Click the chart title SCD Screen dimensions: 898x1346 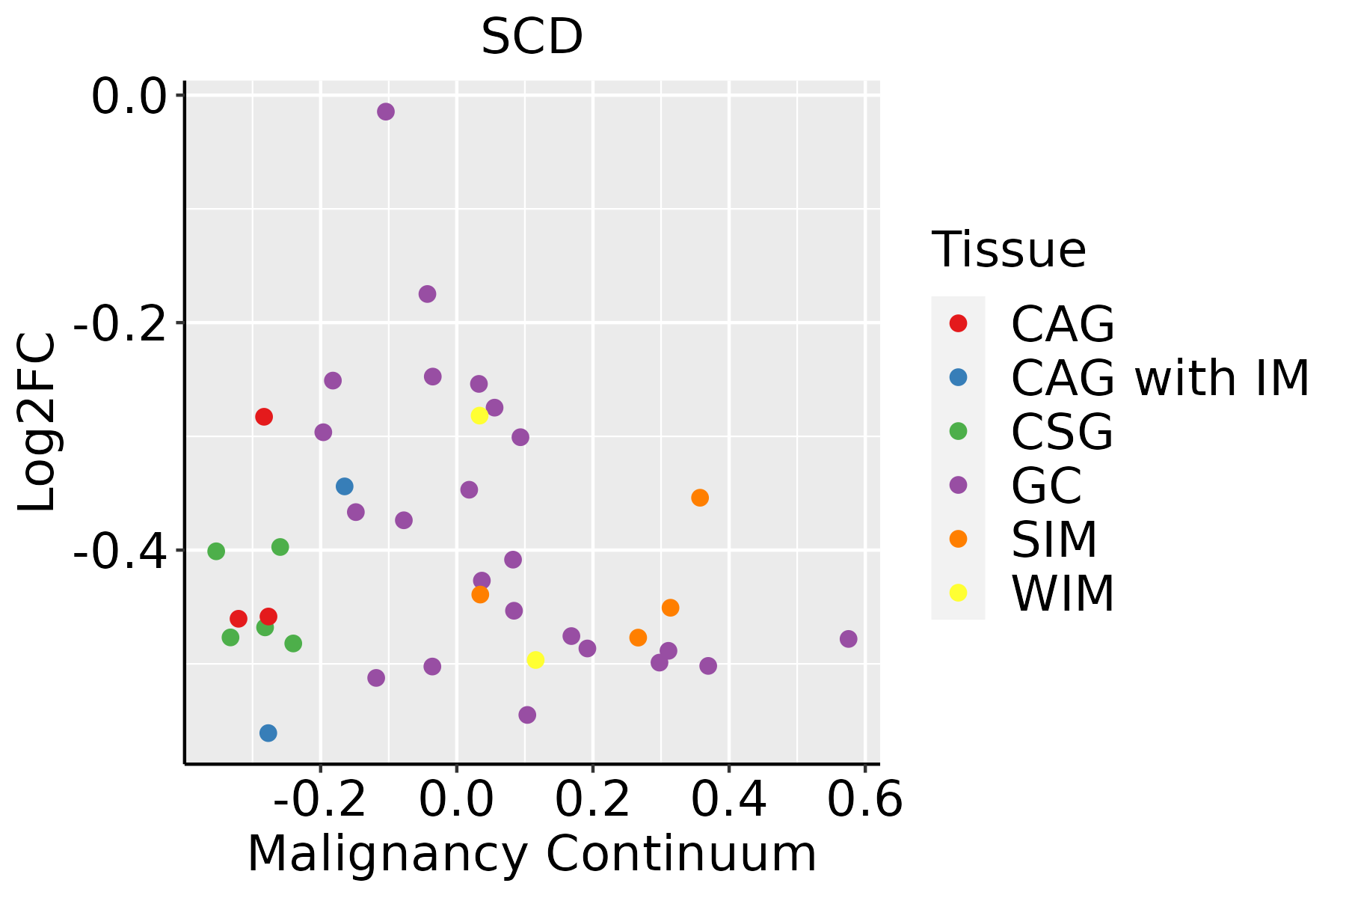pyautogui.click(x=532, y=37)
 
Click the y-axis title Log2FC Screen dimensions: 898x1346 pyautogui.click(x=37, y=422)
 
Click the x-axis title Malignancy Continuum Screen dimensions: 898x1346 pyautogui.click(x=532, y=854)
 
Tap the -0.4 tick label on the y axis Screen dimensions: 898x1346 pyautogui.click(x=119, y=552)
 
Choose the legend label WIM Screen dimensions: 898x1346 pyautogui.click(x=1063, y=593)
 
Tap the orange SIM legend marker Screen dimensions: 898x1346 pyautogui.click(x=958, y=539)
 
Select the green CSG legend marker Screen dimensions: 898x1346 pyautogui.click(x=958, y=431)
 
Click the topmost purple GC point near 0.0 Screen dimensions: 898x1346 pyautogui.click(x=386, y=112)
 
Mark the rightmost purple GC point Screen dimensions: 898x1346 pyautogui.click(x=848, y=638)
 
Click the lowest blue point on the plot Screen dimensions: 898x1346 pyautogui.click(x=268, y=733)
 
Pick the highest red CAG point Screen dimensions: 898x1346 pyautogui.click(x=263, y=416)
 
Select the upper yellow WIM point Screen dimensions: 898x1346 pyautogui.click(x=479, y=415)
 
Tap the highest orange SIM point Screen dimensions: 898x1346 pyautogui.click(x=700, y=498)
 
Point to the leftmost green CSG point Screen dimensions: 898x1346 pyautogui.click(x=216, y=552)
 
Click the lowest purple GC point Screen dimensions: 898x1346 pyautogui.click(x=527, y=715)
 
